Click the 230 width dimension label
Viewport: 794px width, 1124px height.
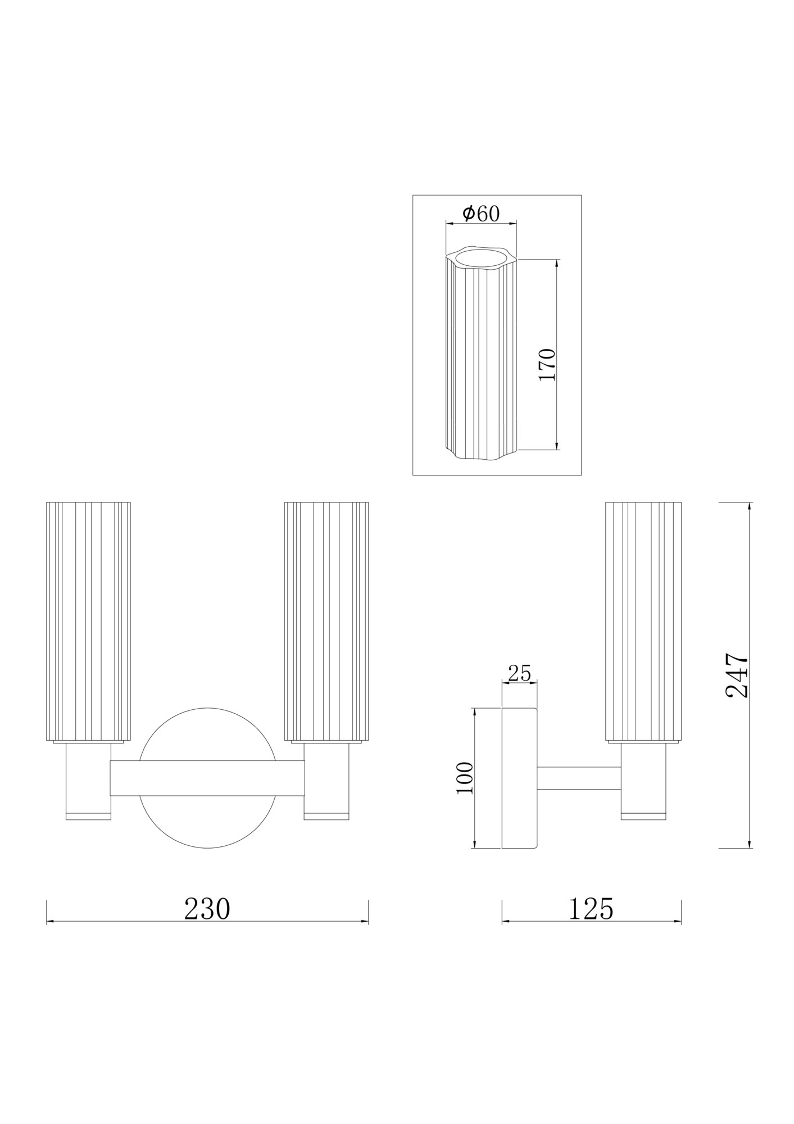click(207, 909)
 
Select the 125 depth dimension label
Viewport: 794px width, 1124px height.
click(591, 909)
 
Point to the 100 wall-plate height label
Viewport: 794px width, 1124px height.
click(465, 778)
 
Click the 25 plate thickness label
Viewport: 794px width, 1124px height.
click(519, 673)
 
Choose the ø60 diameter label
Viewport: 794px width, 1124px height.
click(480, 213)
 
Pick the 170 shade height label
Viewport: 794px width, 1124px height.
click(547, 365)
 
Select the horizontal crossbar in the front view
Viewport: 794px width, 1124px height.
click(207, 778)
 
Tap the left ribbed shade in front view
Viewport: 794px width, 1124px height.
click(88, 621)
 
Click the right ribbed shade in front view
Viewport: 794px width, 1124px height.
click(326, 621)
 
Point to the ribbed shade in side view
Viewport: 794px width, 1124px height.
click(643, 621)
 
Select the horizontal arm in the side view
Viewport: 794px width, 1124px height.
click(579, 778)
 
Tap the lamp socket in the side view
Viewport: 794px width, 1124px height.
click(643, 781)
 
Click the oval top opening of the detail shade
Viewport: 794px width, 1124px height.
click(480, 259)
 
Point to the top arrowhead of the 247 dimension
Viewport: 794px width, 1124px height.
click(750, 506)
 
